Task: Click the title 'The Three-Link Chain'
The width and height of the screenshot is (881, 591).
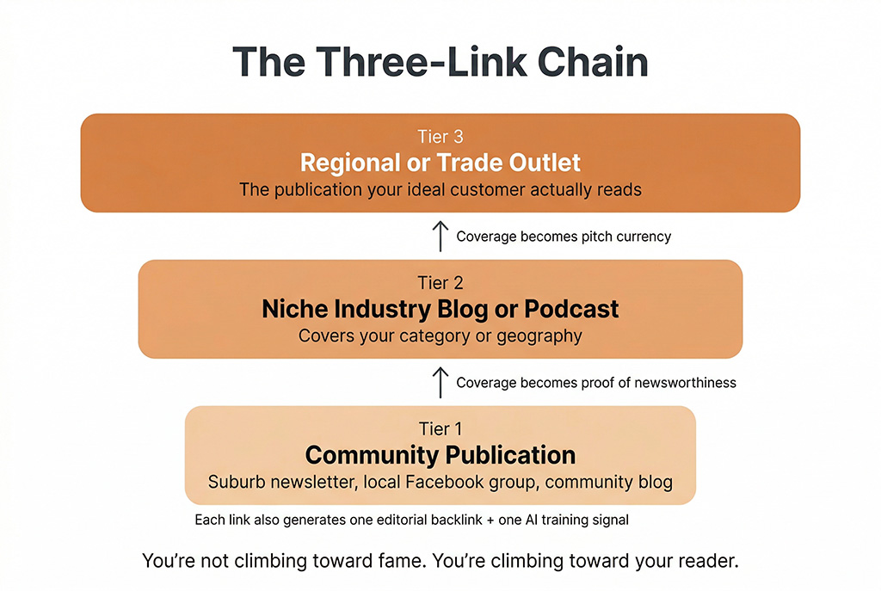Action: point(440,64)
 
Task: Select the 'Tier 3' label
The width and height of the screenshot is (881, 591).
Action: point(440,137)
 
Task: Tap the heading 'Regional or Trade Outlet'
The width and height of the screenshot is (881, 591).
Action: point(440,163)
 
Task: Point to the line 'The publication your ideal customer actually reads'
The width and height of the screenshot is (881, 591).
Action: point(440,189)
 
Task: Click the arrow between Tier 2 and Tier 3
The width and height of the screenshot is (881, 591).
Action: point(440,236)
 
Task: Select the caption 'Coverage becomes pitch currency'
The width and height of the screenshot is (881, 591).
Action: point(563,237)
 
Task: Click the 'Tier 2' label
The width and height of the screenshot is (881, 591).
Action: point(440,283)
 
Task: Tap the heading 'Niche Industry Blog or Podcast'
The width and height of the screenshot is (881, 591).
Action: point(440,310)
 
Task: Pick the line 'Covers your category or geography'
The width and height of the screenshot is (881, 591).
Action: point(440,336)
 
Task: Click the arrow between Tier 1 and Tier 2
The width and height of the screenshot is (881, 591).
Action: point(440,382)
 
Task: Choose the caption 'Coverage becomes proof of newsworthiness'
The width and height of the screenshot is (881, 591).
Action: point(595,382)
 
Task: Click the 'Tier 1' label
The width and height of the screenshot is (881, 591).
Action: point(440,429)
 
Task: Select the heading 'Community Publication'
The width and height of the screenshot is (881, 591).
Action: point(440,455)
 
